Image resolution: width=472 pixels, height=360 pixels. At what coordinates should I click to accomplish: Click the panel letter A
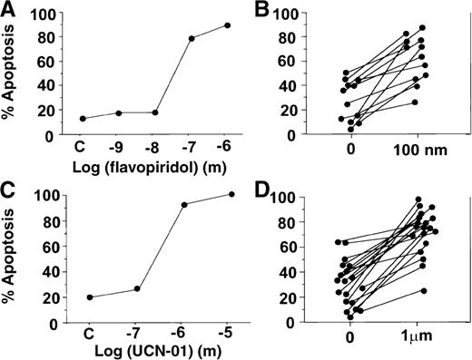(8, 11)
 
